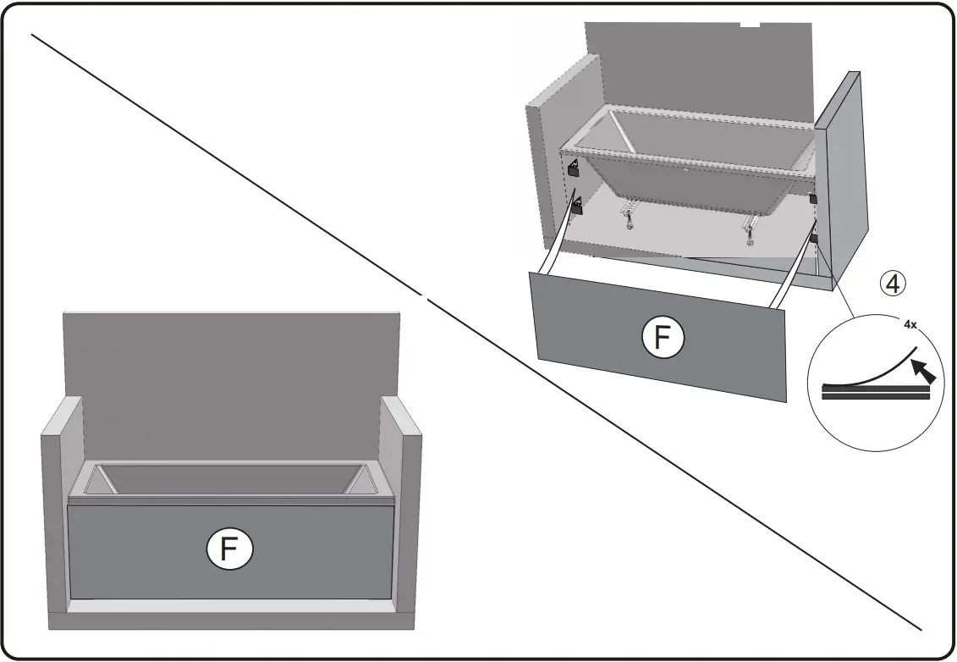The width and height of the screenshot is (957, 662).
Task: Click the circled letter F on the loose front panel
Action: pyautogui.click(x=663, y=339)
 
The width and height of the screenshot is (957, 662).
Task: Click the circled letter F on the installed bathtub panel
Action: pyautogui.click(x=229, y=549)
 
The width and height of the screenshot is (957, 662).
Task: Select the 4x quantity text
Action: pyautogui.click(x=910, y=324)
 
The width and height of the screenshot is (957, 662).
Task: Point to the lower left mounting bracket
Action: pyautogui.click(x=577, y=206)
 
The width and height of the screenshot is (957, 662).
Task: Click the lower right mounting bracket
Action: pyautogui.click(x=814, y=240)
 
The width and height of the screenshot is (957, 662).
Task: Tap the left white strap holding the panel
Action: pyautogui.click(x=559, y=241)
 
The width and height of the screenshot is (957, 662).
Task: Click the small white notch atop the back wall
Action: pyautogui.click(x=750, y=25)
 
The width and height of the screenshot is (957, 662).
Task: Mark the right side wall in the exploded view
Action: pyautogui.click(x=842, y=178)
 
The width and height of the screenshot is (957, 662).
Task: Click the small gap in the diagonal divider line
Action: pyautogui.click(x=423, y=295)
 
